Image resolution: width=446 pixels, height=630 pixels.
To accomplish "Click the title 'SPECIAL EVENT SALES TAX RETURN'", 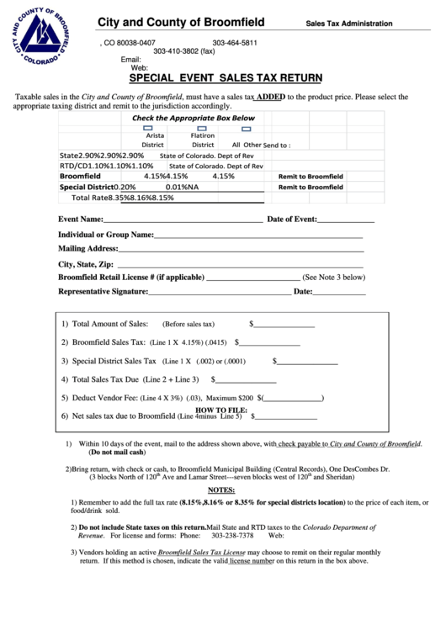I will pos(225,78).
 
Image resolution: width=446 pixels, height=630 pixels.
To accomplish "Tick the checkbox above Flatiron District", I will pos(199,128).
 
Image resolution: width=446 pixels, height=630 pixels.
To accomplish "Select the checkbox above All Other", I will pos(247,128).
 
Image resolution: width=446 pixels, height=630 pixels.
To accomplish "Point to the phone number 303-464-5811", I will pos(235,42).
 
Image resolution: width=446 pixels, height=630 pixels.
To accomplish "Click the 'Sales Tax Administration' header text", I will pos(348,24).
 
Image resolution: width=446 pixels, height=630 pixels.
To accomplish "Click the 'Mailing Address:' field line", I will pos(241,249).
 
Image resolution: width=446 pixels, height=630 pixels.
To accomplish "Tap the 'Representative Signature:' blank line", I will pos(219,293).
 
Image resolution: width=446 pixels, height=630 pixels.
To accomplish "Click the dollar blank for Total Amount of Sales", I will pos(284,325).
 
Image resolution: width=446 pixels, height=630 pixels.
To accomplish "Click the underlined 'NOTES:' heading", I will pos(221,490).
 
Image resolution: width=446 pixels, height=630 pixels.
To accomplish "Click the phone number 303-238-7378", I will pos(232,535).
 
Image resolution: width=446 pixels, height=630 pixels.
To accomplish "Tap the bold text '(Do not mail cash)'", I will pos(117,453).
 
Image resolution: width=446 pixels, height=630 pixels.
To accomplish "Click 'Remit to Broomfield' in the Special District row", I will pos(311,187).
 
